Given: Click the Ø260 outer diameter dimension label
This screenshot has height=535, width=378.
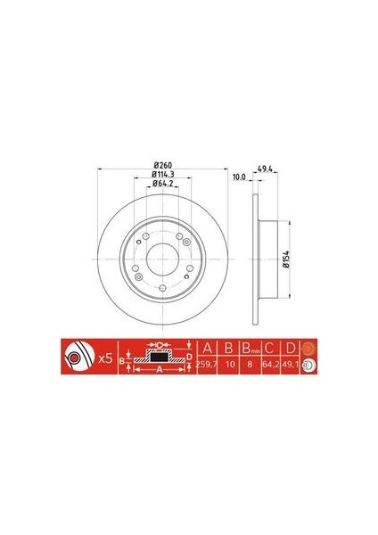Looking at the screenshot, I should [x=161, y=167].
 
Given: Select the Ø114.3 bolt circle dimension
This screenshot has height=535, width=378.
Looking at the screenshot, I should [x=161, y=176].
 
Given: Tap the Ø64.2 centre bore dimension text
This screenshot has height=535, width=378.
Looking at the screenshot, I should [x=161, y=184].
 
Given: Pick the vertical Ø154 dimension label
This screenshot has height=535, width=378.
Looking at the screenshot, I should [x=287, y=259].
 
